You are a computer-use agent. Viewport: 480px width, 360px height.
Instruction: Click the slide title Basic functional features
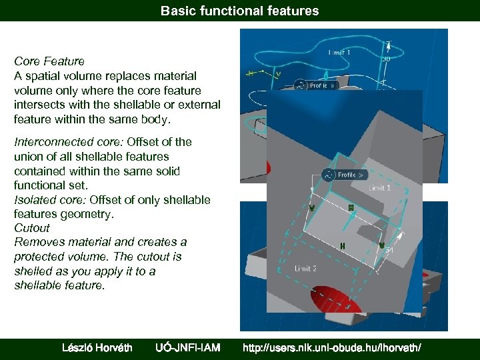tap(239, 11)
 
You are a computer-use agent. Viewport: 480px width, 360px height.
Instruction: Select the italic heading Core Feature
tap(49, 61)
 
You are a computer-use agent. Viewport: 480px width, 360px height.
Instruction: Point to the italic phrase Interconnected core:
tap(68, 141)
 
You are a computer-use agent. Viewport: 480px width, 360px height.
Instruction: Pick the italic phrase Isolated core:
tap(50, 200)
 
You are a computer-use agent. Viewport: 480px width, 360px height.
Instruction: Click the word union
tap(29, 156)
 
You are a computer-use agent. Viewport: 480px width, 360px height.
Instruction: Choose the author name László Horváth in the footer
tap(97, 347)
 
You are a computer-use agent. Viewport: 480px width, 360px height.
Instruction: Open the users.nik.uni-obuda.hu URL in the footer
tap(331, 347)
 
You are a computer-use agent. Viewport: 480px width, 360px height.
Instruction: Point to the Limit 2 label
tap(305, 268)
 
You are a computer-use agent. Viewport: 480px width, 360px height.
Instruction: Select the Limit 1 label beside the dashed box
tap(379, 189)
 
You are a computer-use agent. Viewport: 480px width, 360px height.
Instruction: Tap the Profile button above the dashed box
tap(345, 175)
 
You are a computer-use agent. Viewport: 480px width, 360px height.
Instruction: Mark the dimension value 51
tap(389, 251)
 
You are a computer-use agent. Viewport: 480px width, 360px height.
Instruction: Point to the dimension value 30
tap(386, 59)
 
